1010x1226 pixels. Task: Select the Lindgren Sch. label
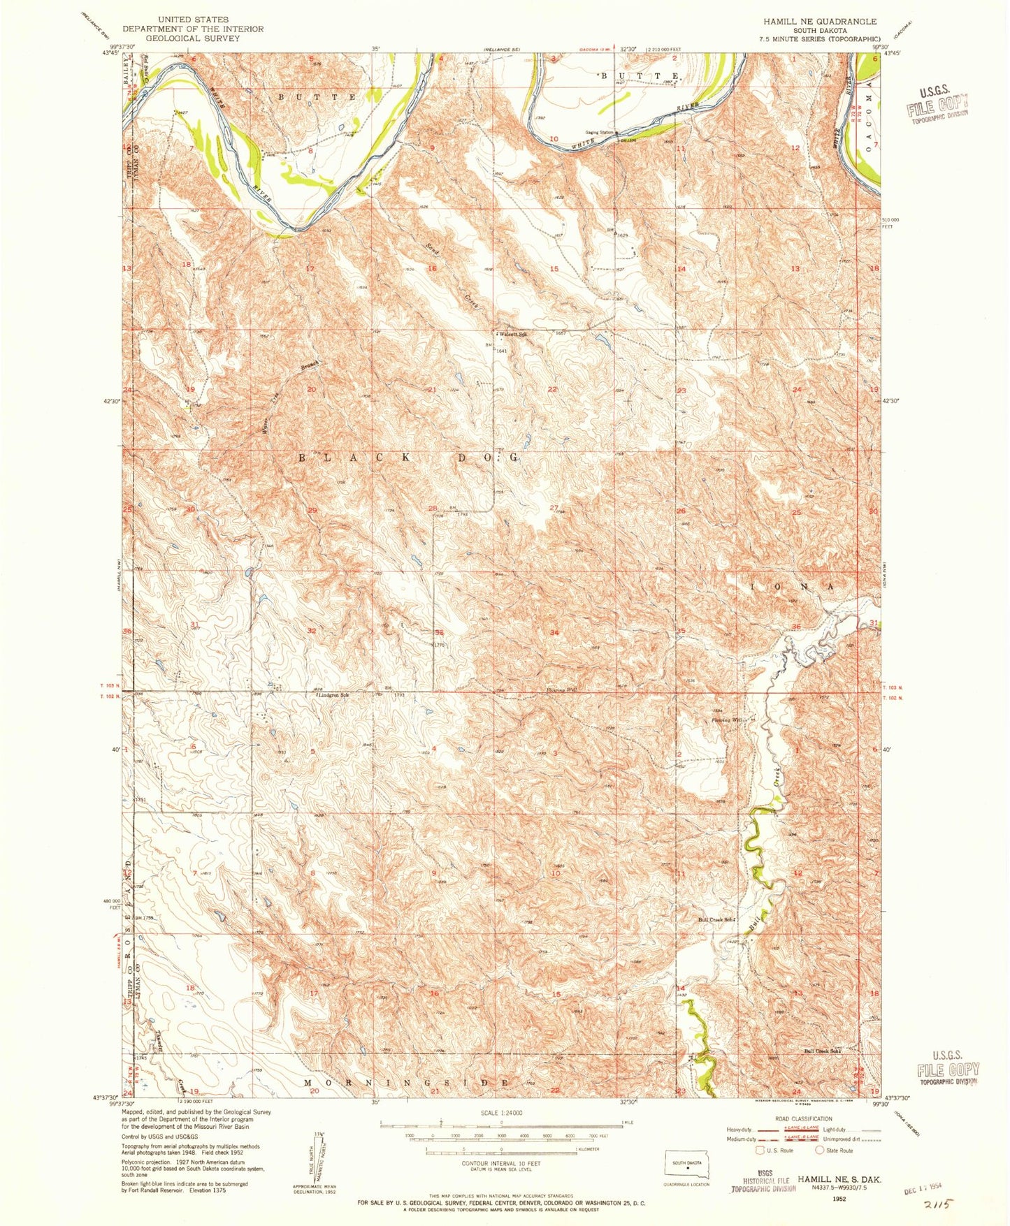coord(333,696)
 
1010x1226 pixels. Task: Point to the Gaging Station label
coord(599,133)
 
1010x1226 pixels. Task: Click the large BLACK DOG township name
coord(410,458)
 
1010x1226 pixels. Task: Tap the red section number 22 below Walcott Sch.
coord(552,389)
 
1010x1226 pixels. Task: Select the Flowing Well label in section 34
coord(561,690)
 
